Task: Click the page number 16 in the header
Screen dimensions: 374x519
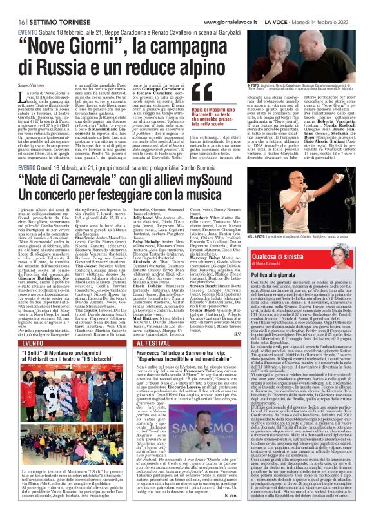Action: click(13, 5)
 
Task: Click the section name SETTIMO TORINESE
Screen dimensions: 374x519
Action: click(43, 5)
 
